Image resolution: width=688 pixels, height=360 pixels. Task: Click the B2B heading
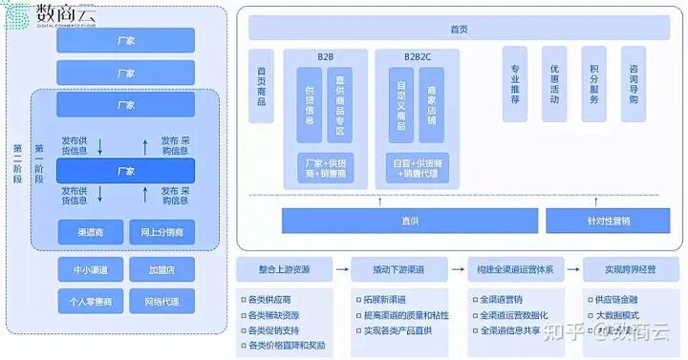325,56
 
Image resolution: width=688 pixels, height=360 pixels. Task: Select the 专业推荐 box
515,85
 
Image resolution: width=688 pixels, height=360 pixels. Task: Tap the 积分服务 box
594,85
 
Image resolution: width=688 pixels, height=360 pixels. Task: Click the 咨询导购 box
633,85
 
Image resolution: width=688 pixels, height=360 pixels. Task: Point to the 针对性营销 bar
601,222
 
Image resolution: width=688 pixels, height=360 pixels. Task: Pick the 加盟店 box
161,271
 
